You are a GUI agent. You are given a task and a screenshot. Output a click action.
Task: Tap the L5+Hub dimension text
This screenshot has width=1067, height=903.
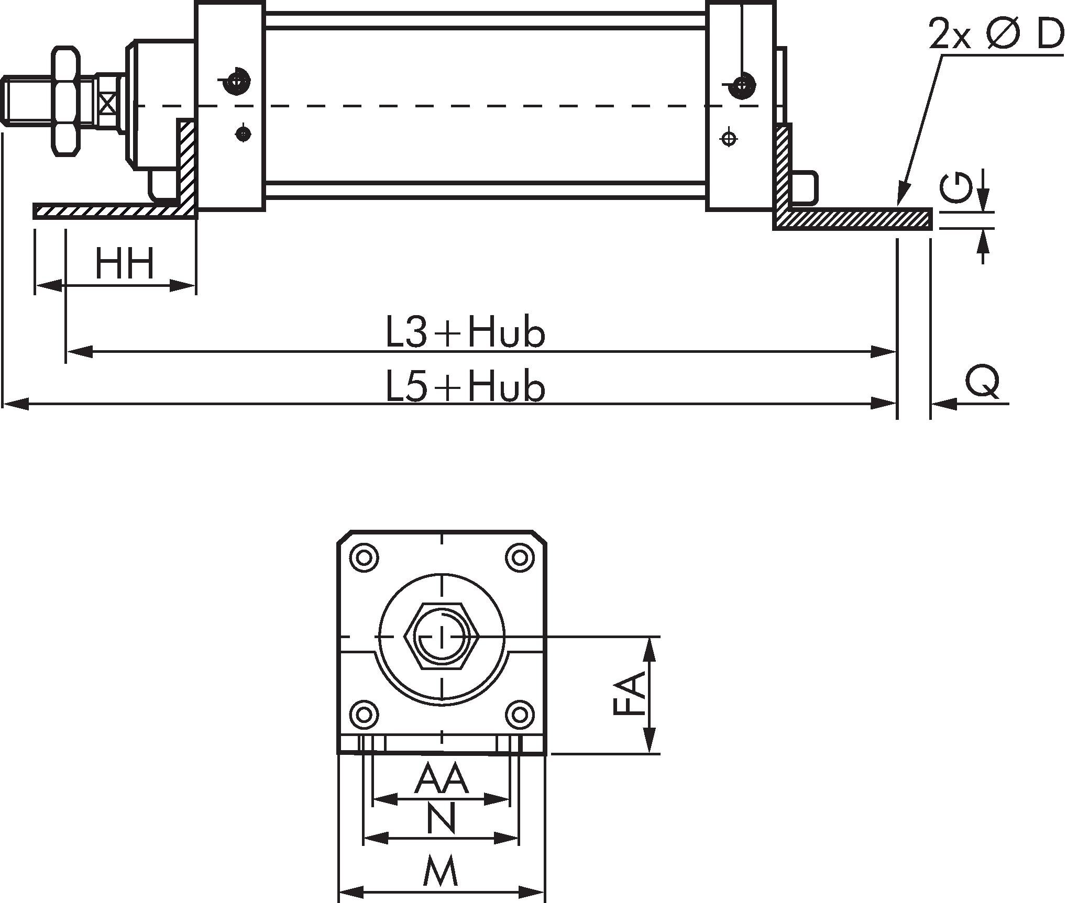coord(465,386)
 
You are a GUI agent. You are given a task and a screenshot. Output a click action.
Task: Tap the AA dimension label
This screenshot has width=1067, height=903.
coord(441,779)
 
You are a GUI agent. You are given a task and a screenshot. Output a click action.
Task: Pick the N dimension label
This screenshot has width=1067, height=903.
coord(441,819)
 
